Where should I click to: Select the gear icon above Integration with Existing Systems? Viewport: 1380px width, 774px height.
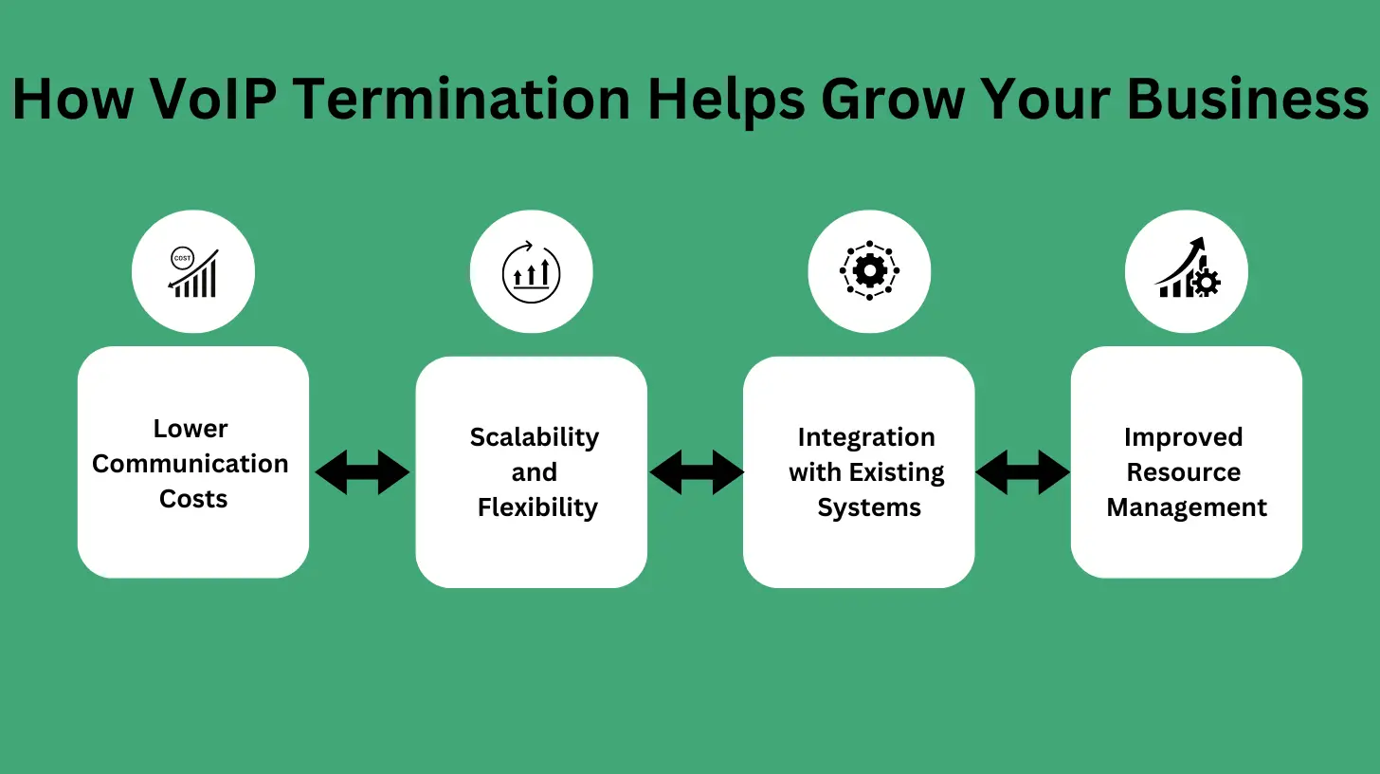click(869, 271)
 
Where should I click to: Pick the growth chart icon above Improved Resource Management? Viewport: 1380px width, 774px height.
click(1187, 271)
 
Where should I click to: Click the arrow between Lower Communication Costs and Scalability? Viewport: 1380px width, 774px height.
click(362, 472)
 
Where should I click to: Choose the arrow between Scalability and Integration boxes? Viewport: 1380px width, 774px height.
click(697, 472)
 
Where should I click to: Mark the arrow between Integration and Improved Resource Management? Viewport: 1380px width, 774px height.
click(1023, 472)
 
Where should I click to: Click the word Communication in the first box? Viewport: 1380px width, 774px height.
click(191, 464)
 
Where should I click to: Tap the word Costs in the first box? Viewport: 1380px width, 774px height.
click(193, 499)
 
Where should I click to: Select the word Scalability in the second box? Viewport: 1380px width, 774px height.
click(535, 437)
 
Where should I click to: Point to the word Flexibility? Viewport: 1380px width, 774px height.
click(537, 507)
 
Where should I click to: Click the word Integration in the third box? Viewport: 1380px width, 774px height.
click(866, 437)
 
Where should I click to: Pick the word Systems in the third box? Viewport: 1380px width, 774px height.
click(869, 507)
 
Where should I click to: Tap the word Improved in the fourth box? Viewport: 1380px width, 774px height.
click(1183, 437)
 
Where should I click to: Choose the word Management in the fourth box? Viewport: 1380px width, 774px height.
click(1187, 507)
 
